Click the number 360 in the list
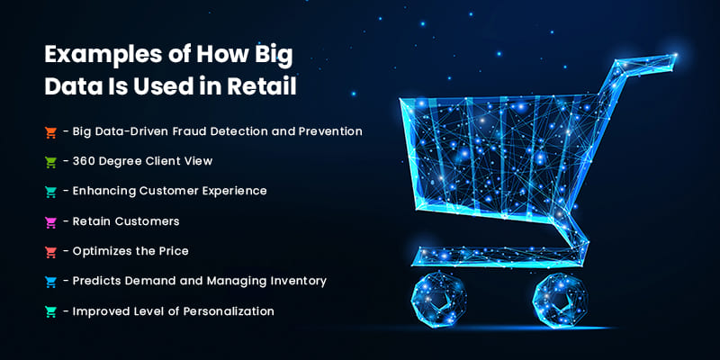coord(86,161)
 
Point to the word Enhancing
coord(105,191)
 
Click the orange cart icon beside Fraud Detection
coord(51,132)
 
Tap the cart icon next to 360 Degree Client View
coord(51,162)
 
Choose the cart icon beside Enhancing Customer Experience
coord(51,192)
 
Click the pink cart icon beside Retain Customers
coord(51,221)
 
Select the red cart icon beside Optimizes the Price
coord(51,251)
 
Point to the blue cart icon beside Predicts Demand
coord(51,282)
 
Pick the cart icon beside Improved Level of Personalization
coord(51,311)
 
